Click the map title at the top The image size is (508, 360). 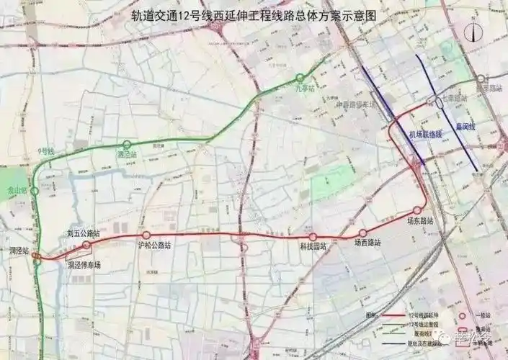click(254, 14)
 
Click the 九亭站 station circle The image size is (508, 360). click(300, 78)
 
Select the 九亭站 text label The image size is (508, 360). click(305, 89)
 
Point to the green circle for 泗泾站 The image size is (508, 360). click(127, 144)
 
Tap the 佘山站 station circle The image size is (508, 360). click(34, 191)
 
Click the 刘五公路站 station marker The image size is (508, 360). click(87, 245)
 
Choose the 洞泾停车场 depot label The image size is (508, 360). click(84, 265)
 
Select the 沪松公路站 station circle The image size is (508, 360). click(146, 235)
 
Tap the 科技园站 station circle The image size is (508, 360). click(313, 237)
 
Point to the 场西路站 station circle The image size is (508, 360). click(362, 233)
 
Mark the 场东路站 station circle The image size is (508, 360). click(416, 210)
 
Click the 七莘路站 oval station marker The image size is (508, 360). click(437, 103)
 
